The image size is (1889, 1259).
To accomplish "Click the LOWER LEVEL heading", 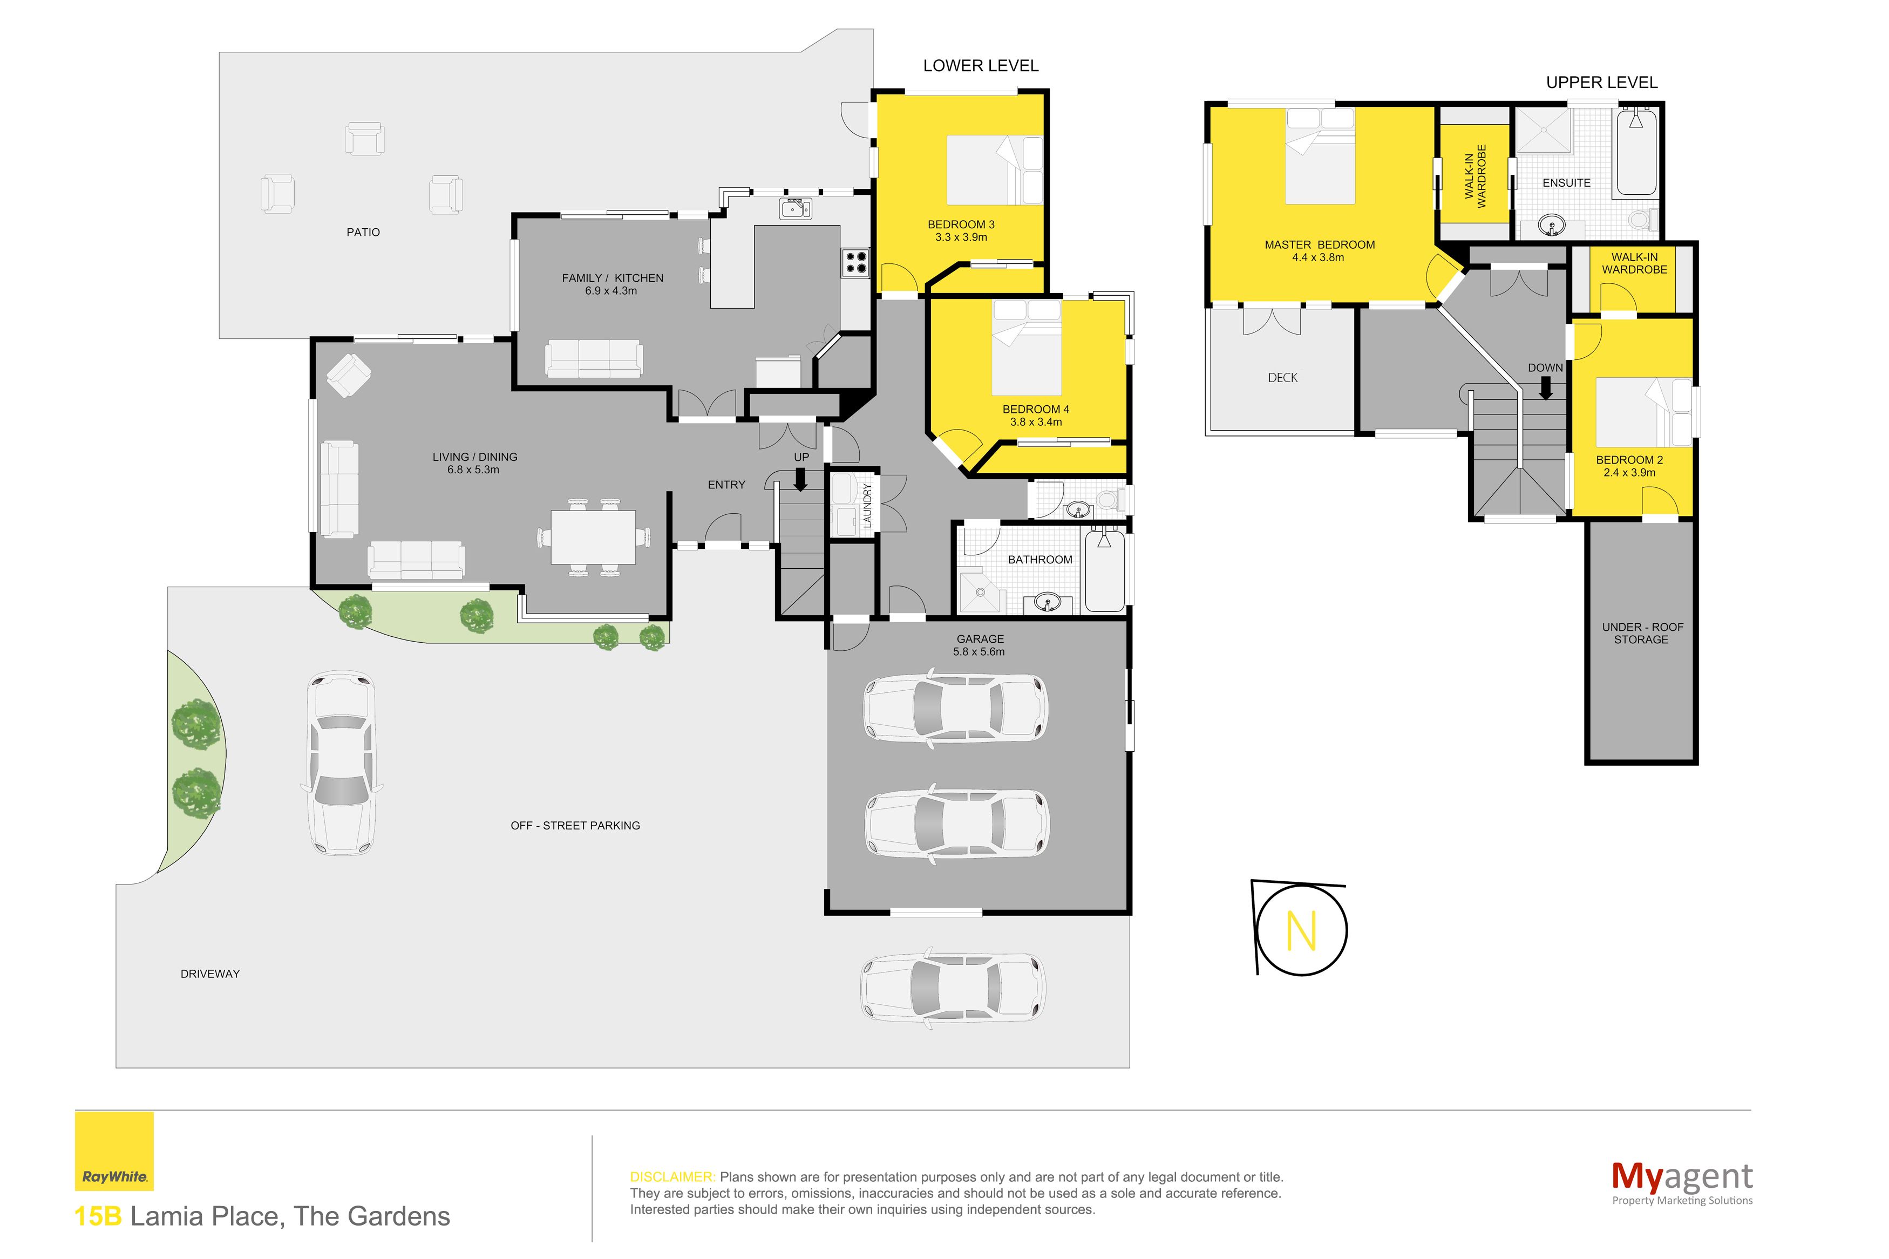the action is click(x=980, y=66).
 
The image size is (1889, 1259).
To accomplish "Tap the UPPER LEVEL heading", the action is click(x=1601, y=83).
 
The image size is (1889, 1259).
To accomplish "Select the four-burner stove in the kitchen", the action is click(x=855, y=263).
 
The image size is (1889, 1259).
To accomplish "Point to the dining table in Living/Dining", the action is click(x=593, y=537).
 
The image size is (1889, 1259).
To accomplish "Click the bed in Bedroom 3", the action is click(x=994, y=169).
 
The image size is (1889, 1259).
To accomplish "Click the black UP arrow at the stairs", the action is click(x=800, y=479).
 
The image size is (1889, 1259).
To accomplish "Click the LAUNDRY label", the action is click(x=867, y=505).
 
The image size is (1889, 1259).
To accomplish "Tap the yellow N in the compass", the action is click(x=1301, y=930).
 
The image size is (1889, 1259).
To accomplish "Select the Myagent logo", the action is click(x=1681, y=1183).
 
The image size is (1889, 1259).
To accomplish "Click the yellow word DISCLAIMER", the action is click(x=672, y=1177).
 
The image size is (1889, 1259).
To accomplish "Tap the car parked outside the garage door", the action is click(x=953, y=987).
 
